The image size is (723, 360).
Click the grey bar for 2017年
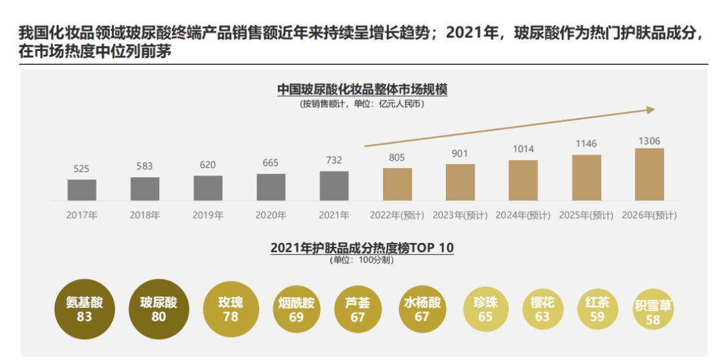coord(82,190)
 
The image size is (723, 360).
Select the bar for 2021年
coord(334,186)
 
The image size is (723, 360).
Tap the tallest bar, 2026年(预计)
coord(649,175)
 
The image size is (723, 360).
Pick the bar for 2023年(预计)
coord(461,182)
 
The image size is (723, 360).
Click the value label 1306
coord(649,141)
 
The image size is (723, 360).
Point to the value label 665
coord(271,163)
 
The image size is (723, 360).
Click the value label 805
coord(397,157)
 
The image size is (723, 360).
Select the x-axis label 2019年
coord(208,215)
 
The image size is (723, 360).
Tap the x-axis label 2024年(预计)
coord(523,215)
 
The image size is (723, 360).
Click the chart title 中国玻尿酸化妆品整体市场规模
coord(362,90)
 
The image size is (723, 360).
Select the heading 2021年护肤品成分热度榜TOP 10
coord(362,248)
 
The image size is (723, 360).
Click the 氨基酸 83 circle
coord(84,309)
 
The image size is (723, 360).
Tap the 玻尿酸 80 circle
coord(159,309)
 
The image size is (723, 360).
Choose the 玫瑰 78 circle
coord(230,309)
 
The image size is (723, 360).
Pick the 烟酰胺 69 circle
coord(296,310)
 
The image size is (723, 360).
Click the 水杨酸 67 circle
coord(422,310)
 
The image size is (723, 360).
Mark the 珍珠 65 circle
coord(485,310)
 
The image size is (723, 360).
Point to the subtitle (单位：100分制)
coord(362,260)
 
